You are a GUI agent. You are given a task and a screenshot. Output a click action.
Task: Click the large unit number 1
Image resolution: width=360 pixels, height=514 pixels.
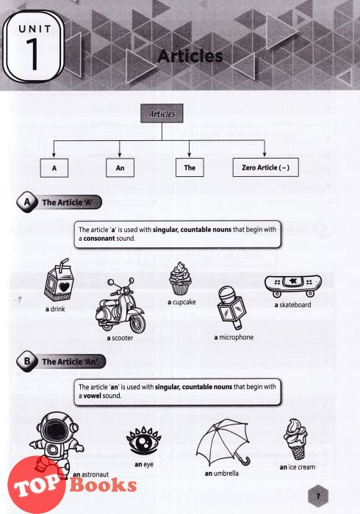[x=33, y=54]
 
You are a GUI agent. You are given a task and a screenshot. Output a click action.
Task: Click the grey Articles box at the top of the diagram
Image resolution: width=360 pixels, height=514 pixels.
[x=162, y=113]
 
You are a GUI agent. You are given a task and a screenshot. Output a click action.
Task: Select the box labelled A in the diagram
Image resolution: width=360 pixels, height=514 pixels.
[x=54, y=168]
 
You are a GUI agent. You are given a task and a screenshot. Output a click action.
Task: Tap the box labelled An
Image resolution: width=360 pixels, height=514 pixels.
[x=120, y=168]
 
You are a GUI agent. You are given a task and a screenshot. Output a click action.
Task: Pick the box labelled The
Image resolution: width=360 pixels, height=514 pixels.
[x=190, y=167]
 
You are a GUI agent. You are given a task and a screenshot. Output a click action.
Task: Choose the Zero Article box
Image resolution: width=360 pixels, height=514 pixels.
[x=265, y=167]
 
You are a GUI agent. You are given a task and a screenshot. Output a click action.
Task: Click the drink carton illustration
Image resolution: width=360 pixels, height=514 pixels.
[x=58, y=280]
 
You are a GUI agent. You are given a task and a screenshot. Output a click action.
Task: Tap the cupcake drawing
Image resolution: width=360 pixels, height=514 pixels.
[x=180, y=278]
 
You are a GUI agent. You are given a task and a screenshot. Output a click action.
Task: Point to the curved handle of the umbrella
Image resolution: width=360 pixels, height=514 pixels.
[x=245, y=461]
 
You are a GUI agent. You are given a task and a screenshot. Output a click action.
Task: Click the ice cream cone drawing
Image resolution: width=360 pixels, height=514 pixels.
[x=296, y=439]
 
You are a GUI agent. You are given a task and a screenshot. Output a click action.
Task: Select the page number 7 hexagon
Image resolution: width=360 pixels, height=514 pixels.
[x=317, y=496]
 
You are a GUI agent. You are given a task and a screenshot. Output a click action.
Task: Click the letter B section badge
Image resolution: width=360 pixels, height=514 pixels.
[x=27, y=361]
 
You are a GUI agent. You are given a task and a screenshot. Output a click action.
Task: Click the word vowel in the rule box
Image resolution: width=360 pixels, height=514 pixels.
[x=92, y=396]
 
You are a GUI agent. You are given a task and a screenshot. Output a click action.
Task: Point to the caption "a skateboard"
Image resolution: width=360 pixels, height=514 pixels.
[x=293, y=305]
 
